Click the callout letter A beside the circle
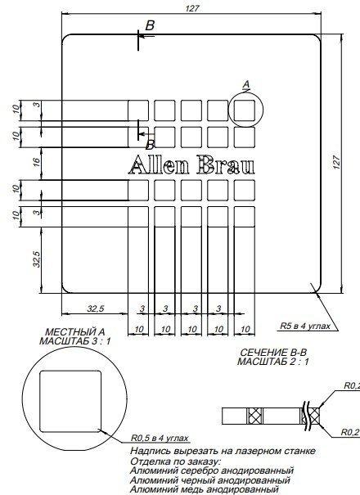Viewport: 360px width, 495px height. pos(246,83)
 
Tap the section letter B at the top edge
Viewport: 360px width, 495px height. pos(150,27)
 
